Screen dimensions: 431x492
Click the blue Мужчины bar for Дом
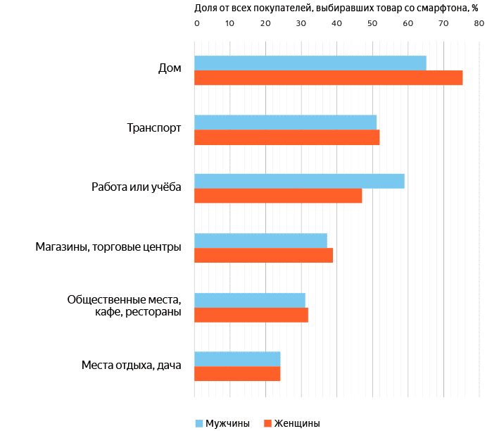tap(310, 63)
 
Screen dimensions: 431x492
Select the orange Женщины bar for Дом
tap(328, 77)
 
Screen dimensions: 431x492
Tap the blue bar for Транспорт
tap(285, 122)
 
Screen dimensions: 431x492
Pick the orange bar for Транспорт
tap(286, 137)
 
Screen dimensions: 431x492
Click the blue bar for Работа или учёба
tap(299, 181)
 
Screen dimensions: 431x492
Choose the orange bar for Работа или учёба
tap(278, 196)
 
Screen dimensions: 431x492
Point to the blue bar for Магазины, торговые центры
tap(260, 240)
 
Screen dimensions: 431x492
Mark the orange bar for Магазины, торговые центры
tap(263, 255)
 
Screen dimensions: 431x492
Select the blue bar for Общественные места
tap(250, 299)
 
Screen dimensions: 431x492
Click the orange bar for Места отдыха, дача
tap(237, 373)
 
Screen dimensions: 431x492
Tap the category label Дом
tap(170, 69)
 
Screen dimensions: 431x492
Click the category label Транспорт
tap(154, 128)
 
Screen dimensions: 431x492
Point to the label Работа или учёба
tap(137, 187)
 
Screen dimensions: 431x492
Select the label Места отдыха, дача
tap(132, 365)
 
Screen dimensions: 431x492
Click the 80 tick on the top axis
tap(479, 24)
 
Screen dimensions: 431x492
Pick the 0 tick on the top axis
tap(196, 24)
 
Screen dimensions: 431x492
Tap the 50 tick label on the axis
tap(372, 24)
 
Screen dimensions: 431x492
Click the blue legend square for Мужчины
tap(198, 423)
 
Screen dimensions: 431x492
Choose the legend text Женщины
tap(297, 423)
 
